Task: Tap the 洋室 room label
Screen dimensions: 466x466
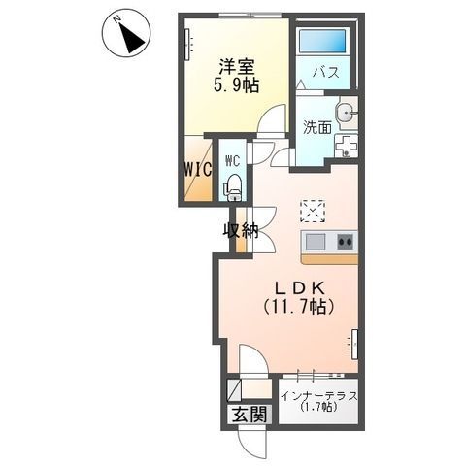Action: (x=237, y=66)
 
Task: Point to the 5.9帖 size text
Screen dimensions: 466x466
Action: (x=236, y=85)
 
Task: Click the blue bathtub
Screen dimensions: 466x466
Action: (x=322, y=41)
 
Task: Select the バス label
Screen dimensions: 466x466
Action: (x=325, y=72)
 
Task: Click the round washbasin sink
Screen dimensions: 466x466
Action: (x=345, y=114)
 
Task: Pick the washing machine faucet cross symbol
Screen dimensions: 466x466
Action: (x=347, y=146)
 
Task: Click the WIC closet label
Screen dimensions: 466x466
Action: (x=198, y=169)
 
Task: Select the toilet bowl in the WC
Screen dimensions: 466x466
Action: (x=233, y=187)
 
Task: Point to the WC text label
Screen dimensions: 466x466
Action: (x=233, y=160)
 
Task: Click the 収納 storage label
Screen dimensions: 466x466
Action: (x=241, y=231)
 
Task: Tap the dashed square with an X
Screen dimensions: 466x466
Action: (x=313, y=211)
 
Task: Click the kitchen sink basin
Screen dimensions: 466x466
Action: (x=316, y=242)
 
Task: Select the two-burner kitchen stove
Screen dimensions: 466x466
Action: (x=346, y=242)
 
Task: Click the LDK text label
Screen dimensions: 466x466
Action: (x=299, y=287)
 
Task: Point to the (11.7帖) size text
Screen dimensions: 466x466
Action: (x=299, y=306)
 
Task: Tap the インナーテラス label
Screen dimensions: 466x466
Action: (x=319, y=396)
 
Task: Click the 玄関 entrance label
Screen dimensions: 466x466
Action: (x=250, y=414)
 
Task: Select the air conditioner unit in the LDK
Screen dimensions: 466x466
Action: (x=354, y=345)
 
